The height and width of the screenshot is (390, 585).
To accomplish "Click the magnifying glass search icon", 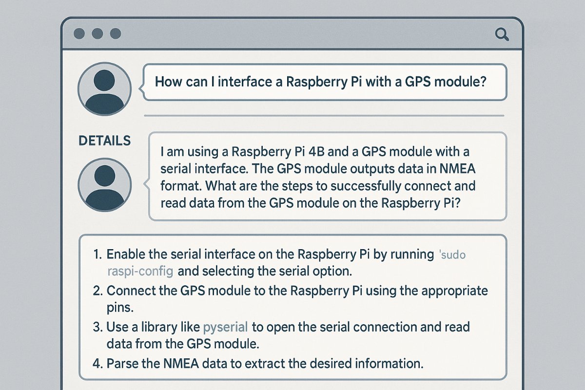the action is coord(502,35).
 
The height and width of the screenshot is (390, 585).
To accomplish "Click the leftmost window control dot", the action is coord(79,34).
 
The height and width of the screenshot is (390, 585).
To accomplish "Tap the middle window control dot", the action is coord(97,34).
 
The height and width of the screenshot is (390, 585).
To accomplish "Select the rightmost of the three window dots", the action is coord(116,34).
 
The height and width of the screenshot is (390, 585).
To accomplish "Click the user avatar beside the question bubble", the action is coord(104,89).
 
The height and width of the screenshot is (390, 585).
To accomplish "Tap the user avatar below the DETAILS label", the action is coord(104,185).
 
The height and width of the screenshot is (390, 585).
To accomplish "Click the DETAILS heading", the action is coord(104,141).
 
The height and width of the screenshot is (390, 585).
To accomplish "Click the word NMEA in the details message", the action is coord(457,169).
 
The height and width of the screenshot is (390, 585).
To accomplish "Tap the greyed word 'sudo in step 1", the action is coord(452,254).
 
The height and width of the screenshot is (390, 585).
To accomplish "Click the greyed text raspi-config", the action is coord(140,272).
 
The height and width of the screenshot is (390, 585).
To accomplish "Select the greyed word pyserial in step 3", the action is coord(225,327).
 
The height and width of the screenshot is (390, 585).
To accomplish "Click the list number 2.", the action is coord(97,291).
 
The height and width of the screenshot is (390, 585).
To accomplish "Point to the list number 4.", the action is coord(97,364).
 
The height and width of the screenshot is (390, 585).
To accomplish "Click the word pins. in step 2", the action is coord(120,308).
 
